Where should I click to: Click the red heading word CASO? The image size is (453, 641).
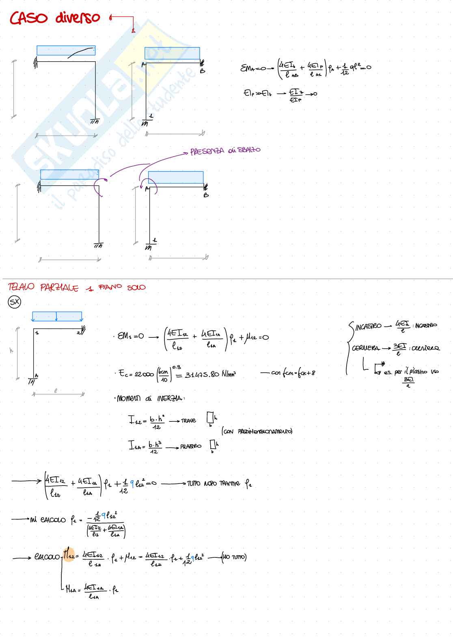(x=28, y=18)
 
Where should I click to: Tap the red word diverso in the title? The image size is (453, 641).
(x=78, y=17)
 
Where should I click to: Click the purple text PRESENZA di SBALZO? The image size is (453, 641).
(x=225, y=151)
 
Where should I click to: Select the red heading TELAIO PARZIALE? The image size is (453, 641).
(x=43, y=288)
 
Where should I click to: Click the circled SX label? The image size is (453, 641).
(x=15, y=302)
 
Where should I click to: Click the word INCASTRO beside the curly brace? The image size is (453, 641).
(x=368, y=326)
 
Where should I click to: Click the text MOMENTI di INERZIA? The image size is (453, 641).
(x=151, y=399)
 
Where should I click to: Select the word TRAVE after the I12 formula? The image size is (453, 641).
(x=188, y=421)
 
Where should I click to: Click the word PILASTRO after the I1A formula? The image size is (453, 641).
(x=191, y=446)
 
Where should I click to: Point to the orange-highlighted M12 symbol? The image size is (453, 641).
(x=69, y=556)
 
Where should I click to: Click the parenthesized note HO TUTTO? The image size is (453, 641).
(x=234, y=557)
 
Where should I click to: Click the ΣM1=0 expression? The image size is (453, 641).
(x=130, y=336)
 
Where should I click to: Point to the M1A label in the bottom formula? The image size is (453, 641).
(x=72, y=589)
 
